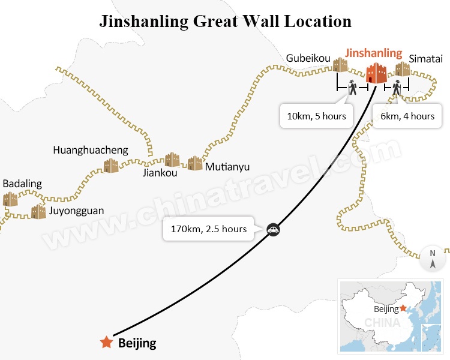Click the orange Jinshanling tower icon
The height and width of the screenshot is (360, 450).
(x=377, y=73)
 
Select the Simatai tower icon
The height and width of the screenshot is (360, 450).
(x=403, y=69)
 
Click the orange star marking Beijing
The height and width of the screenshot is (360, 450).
(x=106, y=343)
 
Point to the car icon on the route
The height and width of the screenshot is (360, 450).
(x=273, y=229)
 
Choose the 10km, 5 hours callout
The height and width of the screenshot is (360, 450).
(x=316, y=116)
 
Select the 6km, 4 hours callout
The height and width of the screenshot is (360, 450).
(x=408, y=116)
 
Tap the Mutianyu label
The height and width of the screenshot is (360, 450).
(x=227, y=167)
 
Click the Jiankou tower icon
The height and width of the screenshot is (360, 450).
(x=172, y=159)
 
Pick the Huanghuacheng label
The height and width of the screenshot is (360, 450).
(x=91, y=150)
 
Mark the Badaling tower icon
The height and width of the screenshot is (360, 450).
(x=10, y=199)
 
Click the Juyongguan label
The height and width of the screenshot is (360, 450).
(x=76, y=211)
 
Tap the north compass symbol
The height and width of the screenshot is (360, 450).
(x=433, y=258)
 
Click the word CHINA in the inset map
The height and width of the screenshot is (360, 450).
(x=382, y=323)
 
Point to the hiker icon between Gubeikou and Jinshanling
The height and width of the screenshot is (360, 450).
(x=353, y=88)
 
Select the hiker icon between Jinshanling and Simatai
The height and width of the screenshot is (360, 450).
(x=397, y=88)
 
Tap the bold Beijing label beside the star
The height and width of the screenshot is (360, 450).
(x=137, y=344)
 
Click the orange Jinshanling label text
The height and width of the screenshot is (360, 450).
(x=374, y=53)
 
